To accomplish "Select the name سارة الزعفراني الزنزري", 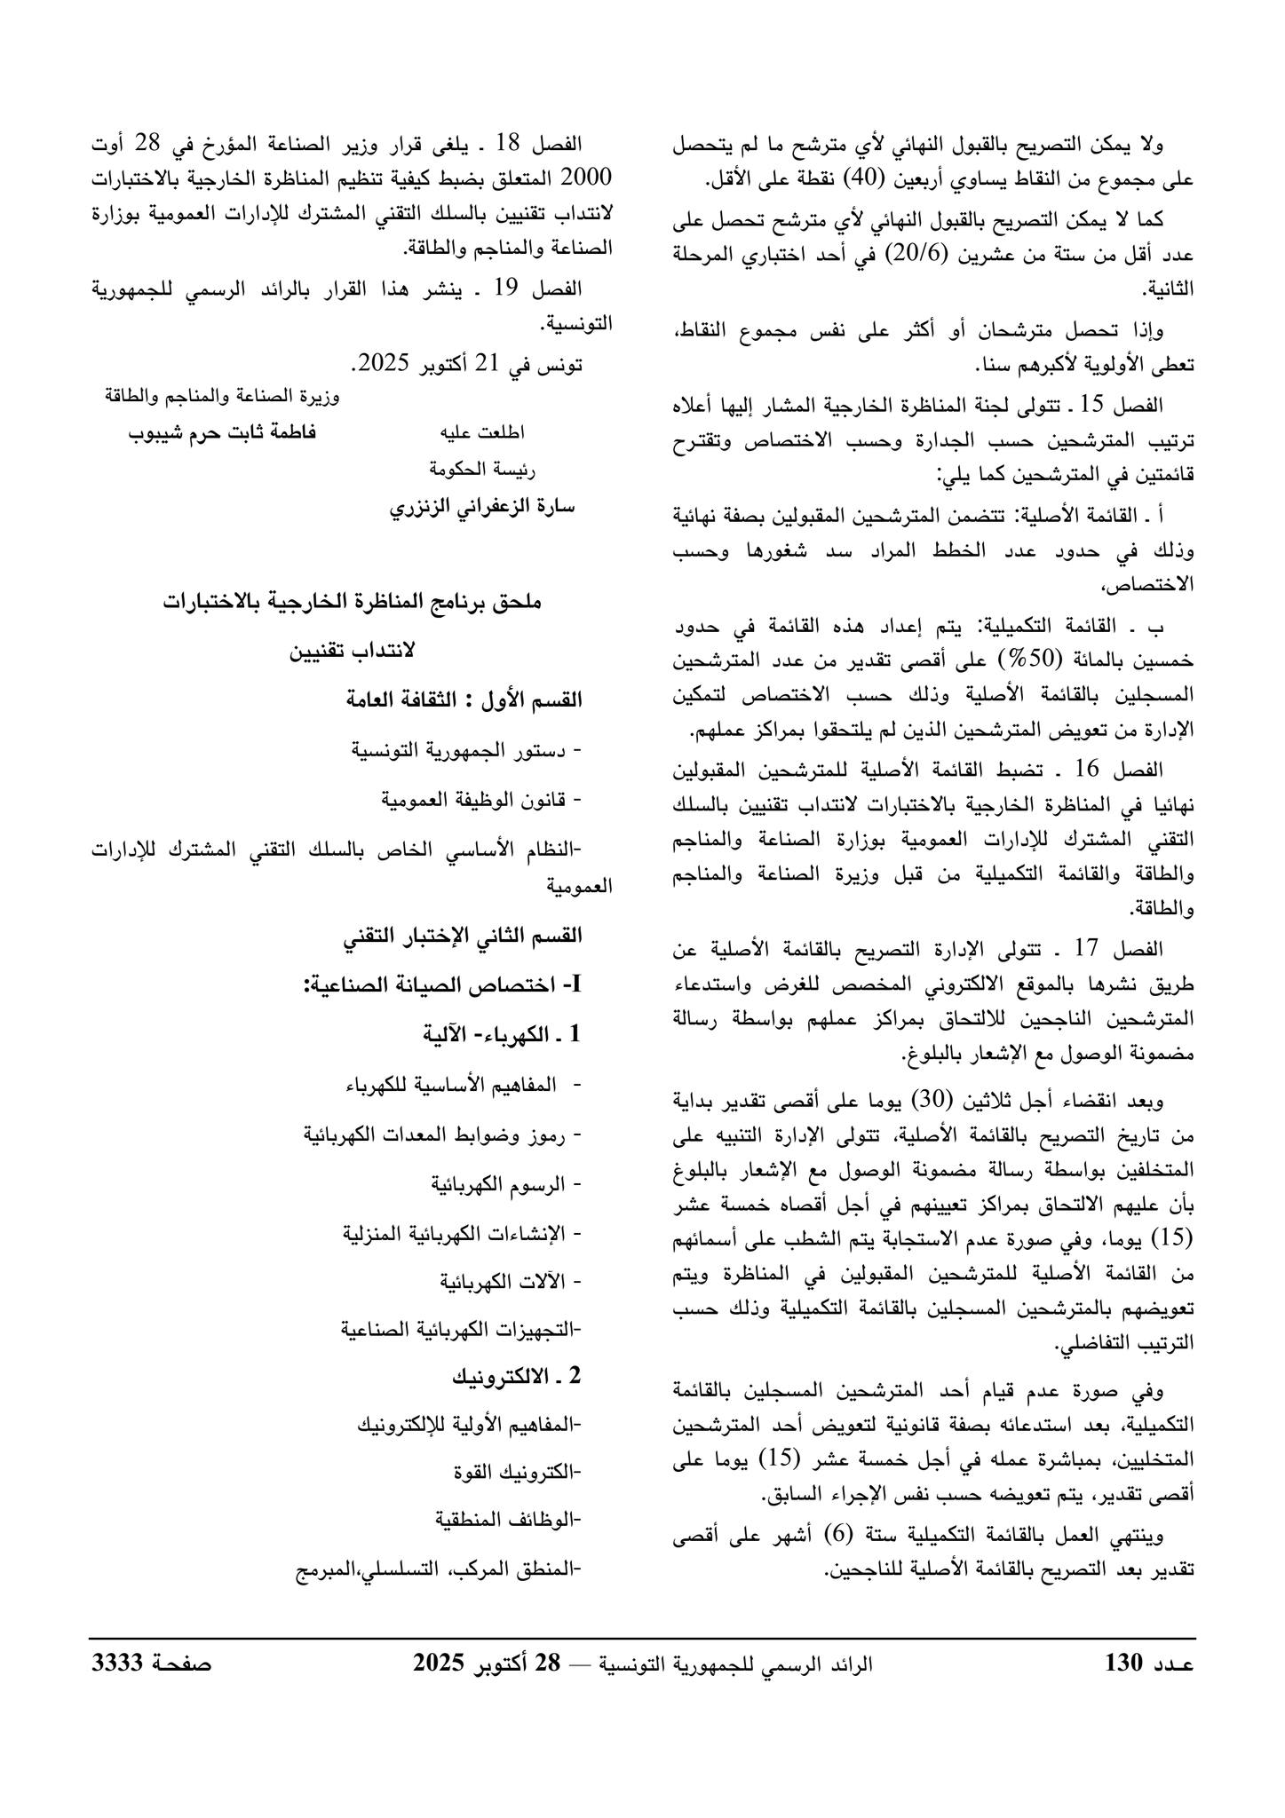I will (x=483, y=506).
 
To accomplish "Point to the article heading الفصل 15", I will (x=1131, y=406).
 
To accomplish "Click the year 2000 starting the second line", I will (x=589, y=177).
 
